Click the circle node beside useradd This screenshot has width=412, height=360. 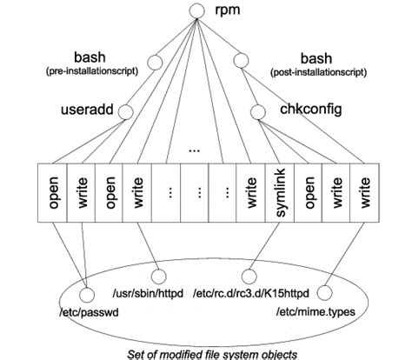coord(125,110)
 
